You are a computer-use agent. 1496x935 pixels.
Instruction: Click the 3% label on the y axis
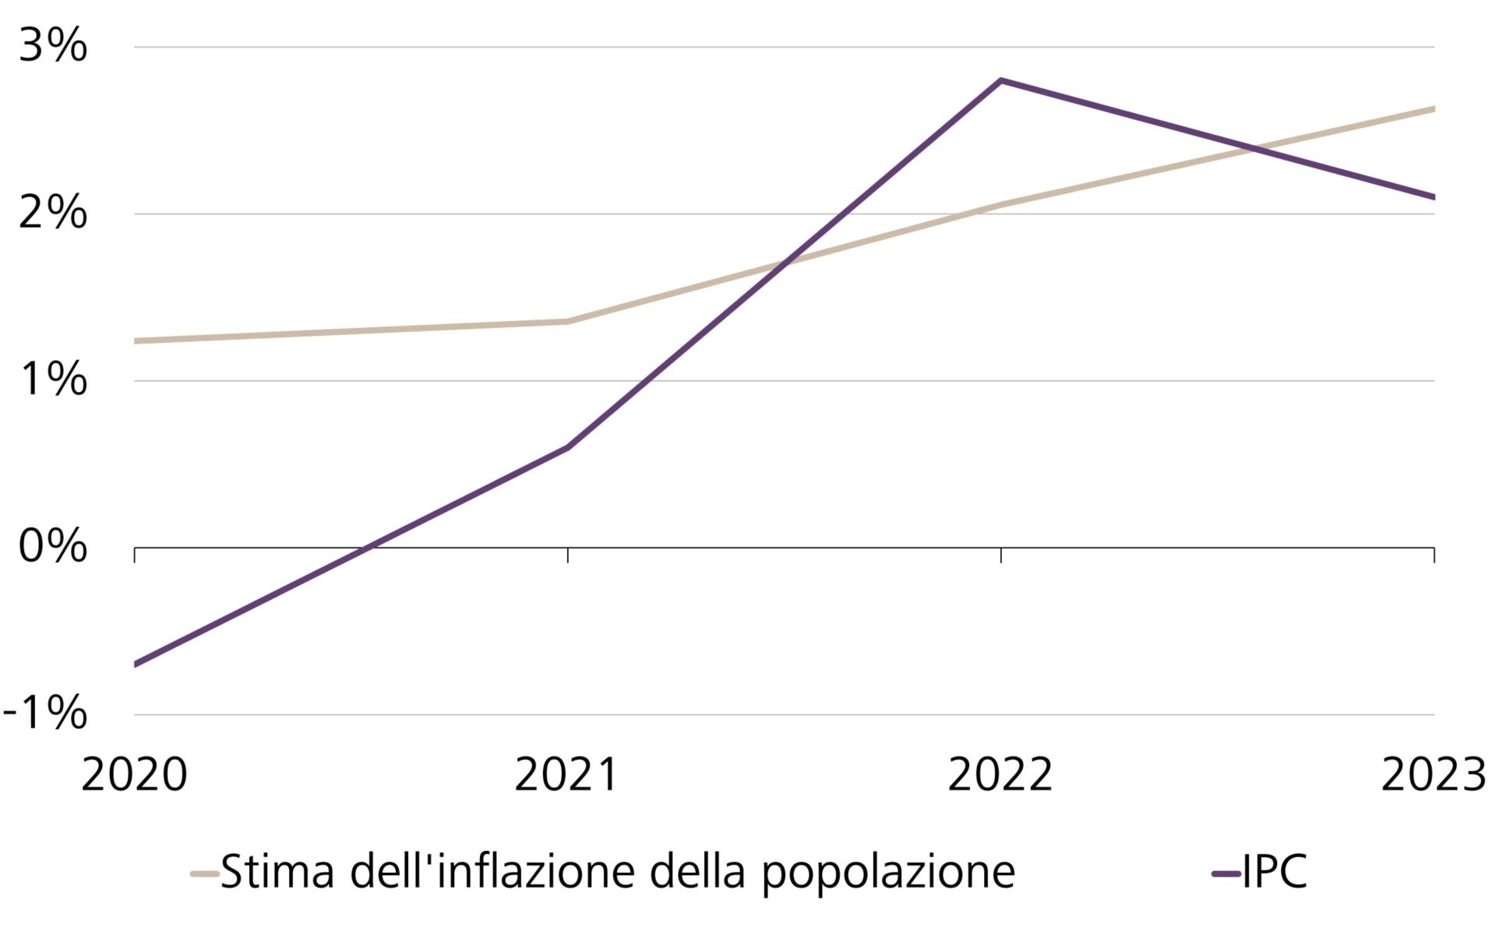click(52, 47)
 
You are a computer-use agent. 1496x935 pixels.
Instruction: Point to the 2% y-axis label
click(52, 213)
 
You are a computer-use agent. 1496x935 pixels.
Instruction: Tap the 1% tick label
click(52, 380)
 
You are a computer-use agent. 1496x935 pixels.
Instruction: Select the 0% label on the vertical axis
click(52, 547)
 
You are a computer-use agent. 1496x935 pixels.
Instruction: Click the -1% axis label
click(45, 714)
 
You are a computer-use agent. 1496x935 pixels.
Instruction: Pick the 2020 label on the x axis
click(134, 776)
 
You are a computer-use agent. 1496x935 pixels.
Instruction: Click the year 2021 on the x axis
click(567, 776)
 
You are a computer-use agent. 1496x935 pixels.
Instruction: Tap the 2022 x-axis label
click(1000, 776)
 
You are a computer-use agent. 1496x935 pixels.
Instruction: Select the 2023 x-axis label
click(1434, 776)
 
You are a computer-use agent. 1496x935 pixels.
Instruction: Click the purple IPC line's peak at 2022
click(1000, 80)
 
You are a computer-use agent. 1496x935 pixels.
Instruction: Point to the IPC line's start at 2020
click(136, 664)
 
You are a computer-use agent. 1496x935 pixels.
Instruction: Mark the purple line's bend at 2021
click(567, 448)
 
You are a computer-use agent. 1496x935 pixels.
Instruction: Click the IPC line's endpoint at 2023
click(1432, 197)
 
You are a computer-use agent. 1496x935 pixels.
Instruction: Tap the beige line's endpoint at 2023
click(1432, 109)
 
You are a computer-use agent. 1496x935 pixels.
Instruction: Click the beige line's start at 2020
click(136, 340)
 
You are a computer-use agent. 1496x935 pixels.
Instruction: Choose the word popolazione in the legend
click(888, 873)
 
